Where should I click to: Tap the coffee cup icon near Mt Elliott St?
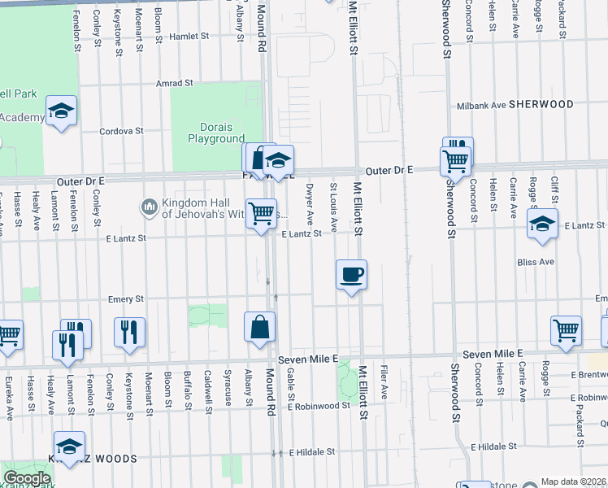pos(351,275)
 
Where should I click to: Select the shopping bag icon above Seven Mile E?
pos(259,328)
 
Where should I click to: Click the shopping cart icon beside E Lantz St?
pos(261,214)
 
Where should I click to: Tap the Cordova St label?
pos(121,130)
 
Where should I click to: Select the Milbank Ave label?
pos(482,105)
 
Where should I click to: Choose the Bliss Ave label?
pos(536,262)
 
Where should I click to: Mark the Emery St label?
pos(126,299)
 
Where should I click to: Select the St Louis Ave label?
pos(333,203)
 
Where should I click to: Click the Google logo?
pos(27,478)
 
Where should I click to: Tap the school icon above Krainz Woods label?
pos(70,446)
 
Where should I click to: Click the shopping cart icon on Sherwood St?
pos(455,160)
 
